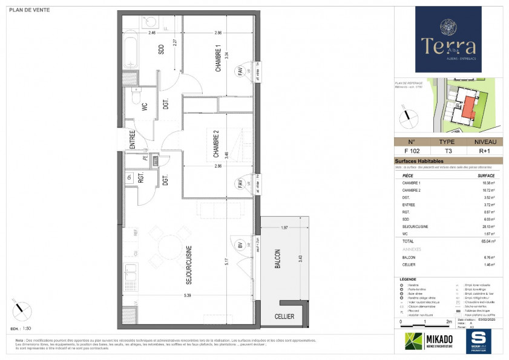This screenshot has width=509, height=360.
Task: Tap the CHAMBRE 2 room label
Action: (215, 145)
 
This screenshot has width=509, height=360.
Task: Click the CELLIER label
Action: (284, 316)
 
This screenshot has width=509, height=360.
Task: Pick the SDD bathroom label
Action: (162, 50)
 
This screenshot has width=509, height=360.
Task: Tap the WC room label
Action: (145, 107)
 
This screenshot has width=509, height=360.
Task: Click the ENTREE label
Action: (133, 140)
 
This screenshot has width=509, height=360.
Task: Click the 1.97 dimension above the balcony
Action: (284, 227)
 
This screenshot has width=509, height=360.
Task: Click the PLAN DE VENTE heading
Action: (30, 10)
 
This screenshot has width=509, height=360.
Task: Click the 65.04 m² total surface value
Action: (487, 241)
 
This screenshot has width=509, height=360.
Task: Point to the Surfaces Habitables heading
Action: (419, 162)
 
